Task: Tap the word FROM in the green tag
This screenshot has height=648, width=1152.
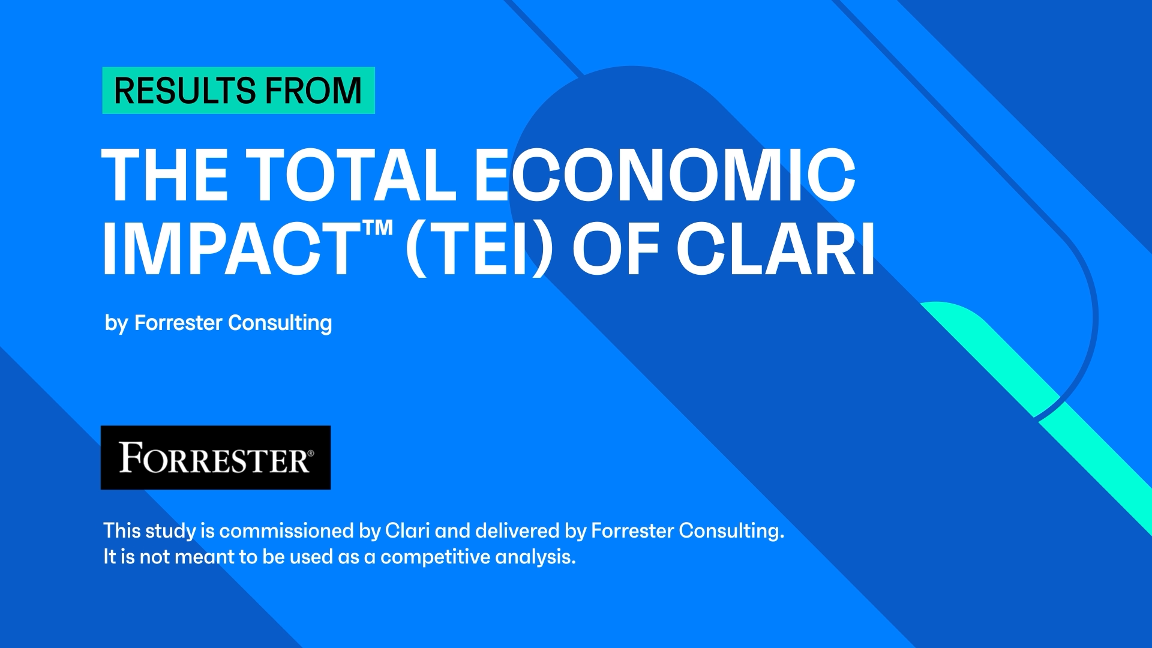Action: click(314, 91)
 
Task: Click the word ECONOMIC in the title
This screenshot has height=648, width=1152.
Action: click(665, 175)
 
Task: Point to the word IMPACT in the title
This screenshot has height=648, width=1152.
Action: click(232, 248)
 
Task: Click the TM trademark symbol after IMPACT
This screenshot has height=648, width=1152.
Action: click(377, 228)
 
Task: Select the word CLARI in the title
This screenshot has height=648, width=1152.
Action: click(776, 248)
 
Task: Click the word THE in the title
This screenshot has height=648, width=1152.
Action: click(165, 175)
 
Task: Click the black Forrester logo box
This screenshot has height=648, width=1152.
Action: click(216, 458)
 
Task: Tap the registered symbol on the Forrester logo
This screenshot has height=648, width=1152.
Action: click(310, 452)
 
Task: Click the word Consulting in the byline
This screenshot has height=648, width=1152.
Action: click(280, 323)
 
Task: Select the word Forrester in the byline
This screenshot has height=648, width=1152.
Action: click(178, 323)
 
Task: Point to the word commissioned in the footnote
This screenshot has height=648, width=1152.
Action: click(286, 530)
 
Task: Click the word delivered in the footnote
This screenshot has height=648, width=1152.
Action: click(517, 530)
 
